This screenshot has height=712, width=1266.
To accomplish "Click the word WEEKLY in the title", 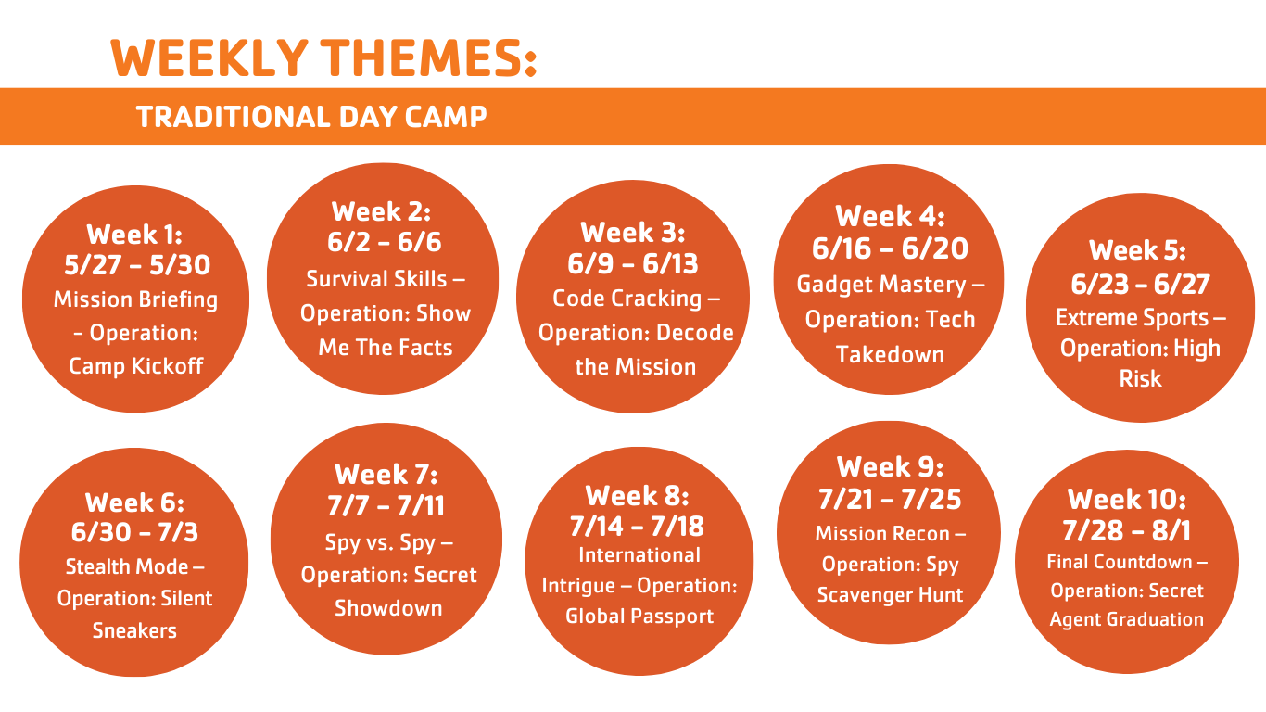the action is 209,57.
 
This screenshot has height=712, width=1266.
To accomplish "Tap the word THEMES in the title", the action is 424,57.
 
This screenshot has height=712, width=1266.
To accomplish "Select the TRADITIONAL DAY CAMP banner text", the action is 311,117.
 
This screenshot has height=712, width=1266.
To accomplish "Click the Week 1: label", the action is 134,235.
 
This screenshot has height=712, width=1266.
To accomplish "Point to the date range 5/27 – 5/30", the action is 137,264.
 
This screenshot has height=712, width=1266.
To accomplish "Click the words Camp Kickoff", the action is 135,366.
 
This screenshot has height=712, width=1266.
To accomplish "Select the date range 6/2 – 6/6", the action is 385,242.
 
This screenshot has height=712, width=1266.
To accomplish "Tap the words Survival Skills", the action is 376,279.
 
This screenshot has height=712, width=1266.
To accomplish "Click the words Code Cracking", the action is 627,299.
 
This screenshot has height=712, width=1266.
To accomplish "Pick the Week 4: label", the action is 890,216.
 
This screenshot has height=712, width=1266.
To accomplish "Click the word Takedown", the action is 890,354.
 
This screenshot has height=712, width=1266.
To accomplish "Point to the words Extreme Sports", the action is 1132,317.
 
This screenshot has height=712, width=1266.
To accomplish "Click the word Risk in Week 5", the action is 1141,378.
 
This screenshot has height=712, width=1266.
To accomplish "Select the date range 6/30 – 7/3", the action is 134,532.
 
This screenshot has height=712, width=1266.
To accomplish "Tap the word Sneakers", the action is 134,630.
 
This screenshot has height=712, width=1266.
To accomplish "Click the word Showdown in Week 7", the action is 388,608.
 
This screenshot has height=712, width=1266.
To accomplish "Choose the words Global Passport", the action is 639,617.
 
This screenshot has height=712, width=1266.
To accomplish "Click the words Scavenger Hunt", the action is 890,595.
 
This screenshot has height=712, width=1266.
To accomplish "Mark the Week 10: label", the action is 1127,500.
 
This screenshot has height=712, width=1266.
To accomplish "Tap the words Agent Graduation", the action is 1127,620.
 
